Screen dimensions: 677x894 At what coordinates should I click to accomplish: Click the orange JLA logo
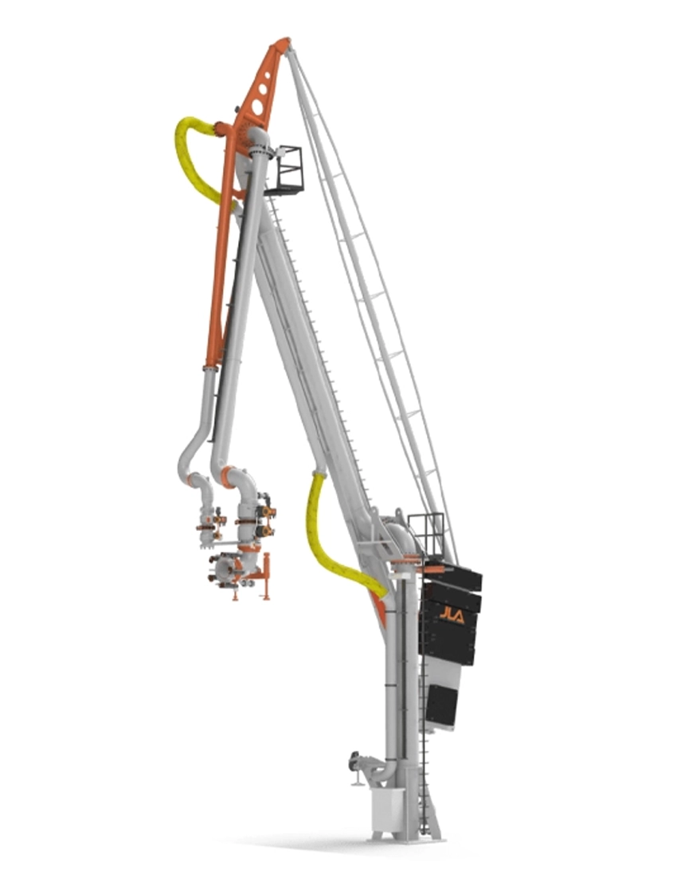[451, 615]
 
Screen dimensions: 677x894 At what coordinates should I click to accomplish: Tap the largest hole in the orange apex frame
[257, 107]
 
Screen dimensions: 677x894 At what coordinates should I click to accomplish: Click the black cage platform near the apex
[288, 170]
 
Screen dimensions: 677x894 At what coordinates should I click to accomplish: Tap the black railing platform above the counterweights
[427, 536]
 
